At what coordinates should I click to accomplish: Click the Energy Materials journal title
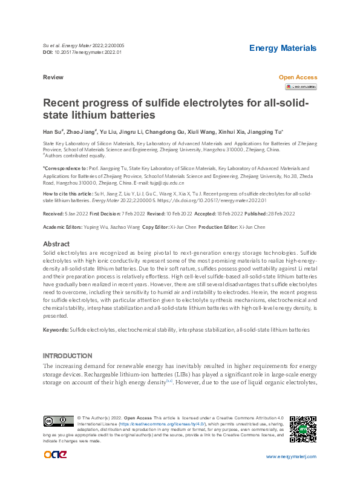(283, 48)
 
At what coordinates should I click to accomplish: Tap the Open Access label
(298, 77)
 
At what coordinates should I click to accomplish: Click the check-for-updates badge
(301, 87)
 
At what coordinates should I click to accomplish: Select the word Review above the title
(53, 77)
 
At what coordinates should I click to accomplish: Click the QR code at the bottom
(303, 429)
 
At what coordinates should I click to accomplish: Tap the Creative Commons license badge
(58, 421)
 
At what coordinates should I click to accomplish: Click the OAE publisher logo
(55, 455)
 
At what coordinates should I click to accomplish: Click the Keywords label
(55, 330)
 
